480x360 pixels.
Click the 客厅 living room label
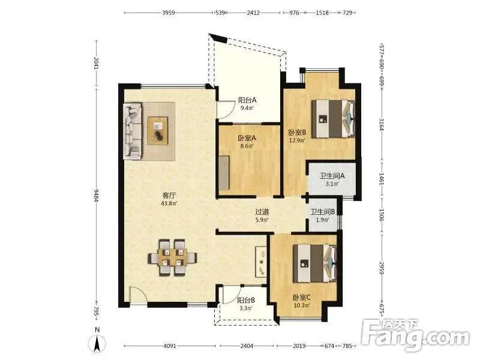[169, 196]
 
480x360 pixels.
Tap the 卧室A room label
[247, 138]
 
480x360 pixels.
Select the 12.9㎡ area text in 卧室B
[297, 140]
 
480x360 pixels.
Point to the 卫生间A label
[332, 176]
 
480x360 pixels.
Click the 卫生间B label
[323, 212]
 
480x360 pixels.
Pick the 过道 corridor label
[262, 212]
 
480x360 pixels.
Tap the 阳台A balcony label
[247, 100]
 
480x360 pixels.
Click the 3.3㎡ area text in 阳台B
[246, 308]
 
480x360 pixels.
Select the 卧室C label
[302, 297]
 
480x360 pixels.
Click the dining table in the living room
[173, 257]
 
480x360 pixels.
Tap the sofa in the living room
[133, 131]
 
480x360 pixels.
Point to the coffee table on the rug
[158, 131]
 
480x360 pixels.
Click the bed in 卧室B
[334, 118]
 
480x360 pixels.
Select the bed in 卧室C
[315, 263]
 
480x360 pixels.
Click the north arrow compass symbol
[97, 341]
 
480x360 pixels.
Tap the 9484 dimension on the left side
[97, 196]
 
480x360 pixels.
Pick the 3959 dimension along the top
[169, 13]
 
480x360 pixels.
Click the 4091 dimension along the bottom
[170, 346]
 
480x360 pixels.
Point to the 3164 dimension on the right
[382, 124]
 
